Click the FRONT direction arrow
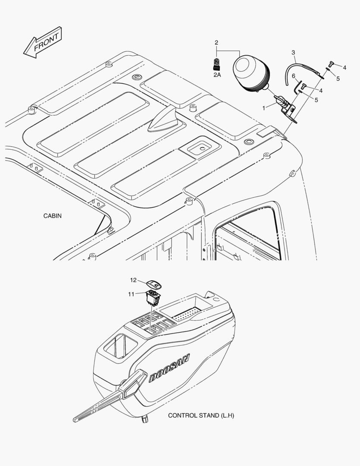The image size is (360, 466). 43,42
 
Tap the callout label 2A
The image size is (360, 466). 217,75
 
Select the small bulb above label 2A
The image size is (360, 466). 216,64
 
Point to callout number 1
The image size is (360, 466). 264,108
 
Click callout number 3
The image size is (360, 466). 293,53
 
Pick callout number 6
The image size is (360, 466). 294,76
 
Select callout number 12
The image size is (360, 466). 133,280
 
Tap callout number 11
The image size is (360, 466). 131,294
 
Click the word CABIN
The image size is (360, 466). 53,216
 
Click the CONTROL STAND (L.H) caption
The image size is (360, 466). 201,416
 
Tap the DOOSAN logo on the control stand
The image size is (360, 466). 169,368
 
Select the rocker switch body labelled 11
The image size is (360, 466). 153,298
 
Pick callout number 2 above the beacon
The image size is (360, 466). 216,42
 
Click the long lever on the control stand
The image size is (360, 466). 110,396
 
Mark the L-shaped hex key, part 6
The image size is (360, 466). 297,87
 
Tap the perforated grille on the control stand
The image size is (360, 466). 187,314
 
